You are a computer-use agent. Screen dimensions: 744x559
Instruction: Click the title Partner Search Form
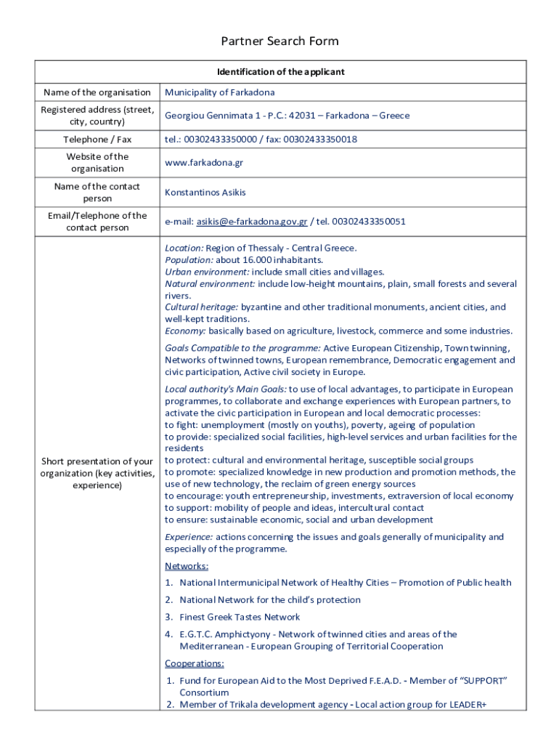click(x=279, y=41)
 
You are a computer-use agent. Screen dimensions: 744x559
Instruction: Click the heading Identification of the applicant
click(x=280, y=72)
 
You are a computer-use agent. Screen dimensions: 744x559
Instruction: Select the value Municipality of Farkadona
click(x=219, y=92)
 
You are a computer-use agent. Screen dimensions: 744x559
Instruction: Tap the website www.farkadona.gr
click(x=204, y=163)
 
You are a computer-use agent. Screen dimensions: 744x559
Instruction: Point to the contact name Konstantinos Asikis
click(x=205, y=193)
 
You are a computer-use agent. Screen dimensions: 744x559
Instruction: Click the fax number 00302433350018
click(x=320, y=139)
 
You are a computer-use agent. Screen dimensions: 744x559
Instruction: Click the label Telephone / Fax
click(x=97, y=139)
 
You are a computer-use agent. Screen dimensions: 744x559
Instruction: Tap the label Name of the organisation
click(x=97, y=92)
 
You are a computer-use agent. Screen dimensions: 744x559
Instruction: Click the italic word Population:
click(x=189, y=260)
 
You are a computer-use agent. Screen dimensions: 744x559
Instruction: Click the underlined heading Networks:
click(x=187, y=566)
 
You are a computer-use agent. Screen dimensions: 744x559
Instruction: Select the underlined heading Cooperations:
click(x=195, y=663)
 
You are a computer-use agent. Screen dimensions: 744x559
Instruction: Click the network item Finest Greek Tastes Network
click(x=240, y=618)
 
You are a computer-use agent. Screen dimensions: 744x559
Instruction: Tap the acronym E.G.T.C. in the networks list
click(x=197, y=634)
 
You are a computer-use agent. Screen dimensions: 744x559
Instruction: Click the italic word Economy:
click(x=186, y=331)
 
